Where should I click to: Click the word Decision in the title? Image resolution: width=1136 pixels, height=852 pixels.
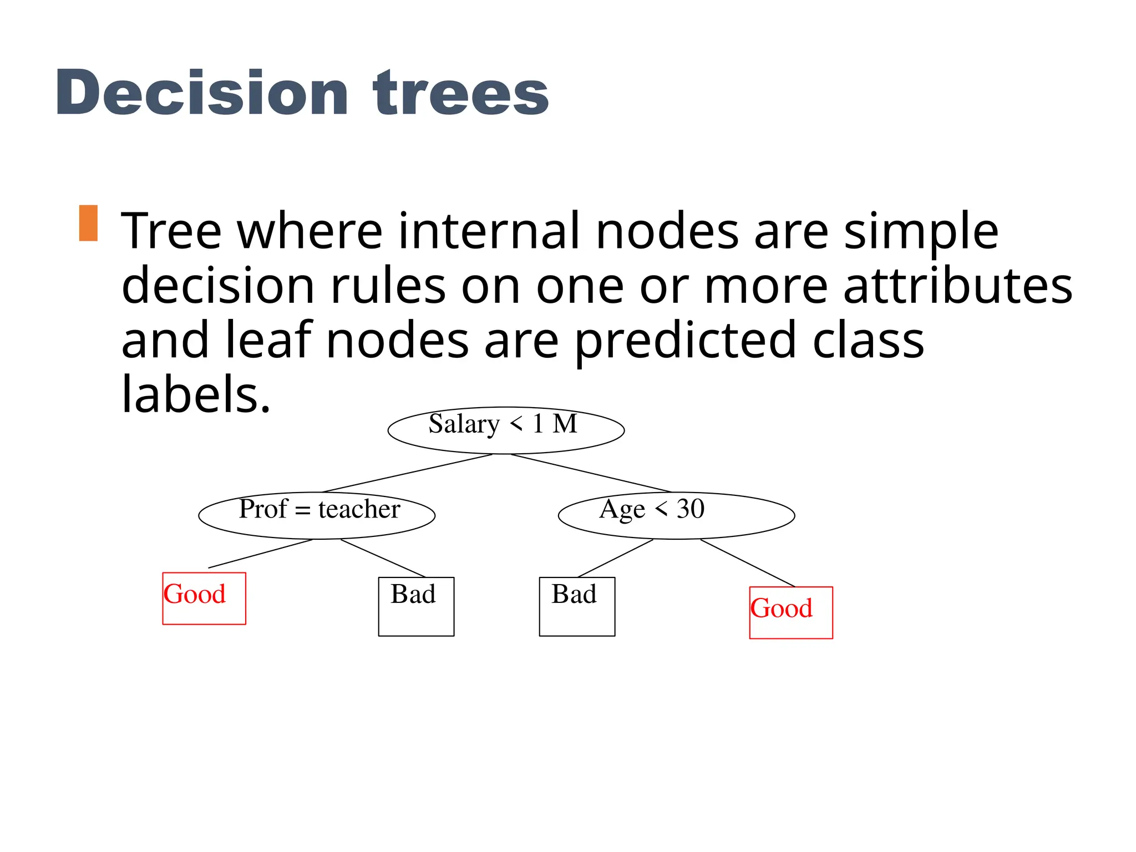(x=202, y=93)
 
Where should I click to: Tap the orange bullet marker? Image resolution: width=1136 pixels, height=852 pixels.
(x=88, y=223)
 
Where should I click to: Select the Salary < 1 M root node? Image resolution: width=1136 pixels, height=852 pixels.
(x=506, y=430)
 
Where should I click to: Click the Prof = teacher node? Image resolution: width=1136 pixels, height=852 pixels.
(x=317, y=515)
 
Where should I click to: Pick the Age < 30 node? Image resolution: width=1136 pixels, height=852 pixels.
(x=676, y=515)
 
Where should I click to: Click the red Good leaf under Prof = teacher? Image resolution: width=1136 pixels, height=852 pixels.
(x=204, y=598)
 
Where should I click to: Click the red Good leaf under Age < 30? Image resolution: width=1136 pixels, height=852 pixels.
(x=791, y=612)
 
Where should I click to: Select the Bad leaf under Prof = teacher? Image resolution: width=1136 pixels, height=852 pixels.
(x=416, y=606)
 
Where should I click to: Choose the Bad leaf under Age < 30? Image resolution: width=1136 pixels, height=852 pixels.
(x=577, y=606)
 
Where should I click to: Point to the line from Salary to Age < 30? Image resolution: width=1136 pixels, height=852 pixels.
(x=591, y=473)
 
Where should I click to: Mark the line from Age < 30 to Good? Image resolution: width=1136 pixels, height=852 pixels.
(x=748, y=563)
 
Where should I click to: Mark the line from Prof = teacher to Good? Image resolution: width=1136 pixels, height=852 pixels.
(x=261, y=554)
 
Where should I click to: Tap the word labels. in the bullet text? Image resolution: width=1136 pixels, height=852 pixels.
(x=196, y=395)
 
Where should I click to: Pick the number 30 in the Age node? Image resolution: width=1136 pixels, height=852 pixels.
(x=691, y=509)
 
